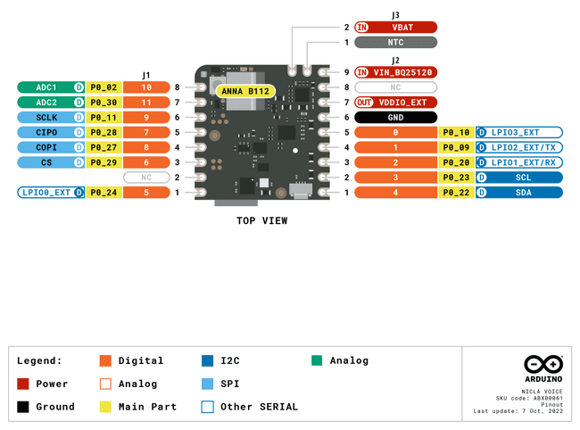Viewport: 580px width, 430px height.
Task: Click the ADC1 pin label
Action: pyautogui.click(x=46, y=87)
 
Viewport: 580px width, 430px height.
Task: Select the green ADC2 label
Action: pyautogui.click(x=46, y=103)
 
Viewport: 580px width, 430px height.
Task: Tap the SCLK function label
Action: pyautogui.click(x=46, y=118)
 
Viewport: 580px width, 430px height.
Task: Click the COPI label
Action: pyautogui.click(x=46, y=148)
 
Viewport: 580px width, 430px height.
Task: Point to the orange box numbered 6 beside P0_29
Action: pyautogui.click(x=145, y=162)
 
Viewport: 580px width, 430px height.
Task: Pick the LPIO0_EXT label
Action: pyautogui.click(x=46, y=193)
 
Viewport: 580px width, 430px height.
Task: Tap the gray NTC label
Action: pyautogui.click(x=395, y=42)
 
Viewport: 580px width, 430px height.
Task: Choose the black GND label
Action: pyautogui.click(x=395, y=118)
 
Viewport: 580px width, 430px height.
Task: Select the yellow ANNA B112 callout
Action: pyautogui.click(x=244, y=90)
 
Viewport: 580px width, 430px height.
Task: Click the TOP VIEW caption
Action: pyautogui.click(x=261, y=220)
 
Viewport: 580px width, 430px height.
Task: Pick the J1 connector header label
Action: pyautogui.click(x=145, y=75)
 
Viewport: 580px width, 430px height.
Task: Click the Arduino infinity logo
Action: pyautogui.click(x=543, y=364)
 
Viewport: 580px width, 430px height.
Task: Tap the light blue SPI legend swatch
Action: pyautogui.click(x=207, y=384)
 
